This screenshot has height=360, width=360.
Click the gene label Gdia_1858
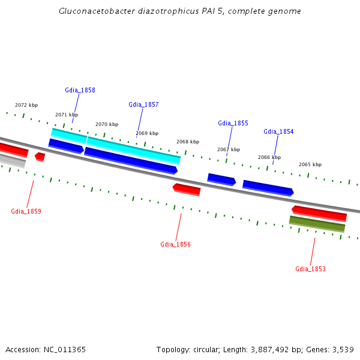(80, 90)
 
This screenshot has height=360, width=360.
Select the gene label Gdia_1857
(143, 104)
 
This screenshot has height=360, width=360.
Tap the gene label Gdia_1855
(233, 123)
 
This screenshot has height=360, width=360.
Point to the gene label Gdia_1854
(278, 131)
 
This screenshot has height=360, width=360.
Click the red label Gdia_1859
(26, 211)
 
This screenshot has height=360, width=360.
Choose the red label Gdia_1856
(175, 244)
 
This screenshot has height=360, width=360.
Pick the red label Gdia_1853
(310, 269)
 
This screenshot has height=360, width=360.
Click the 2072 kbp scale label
(26, 105)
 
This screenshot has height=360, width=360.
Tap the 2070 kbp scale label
(107, 124)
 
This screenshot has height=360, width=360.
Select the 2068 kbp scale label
(188, 142)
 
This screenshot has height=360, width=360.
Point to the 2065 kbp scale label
(310, 164)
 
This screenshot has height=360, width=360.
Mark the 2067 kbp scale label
(229, 149)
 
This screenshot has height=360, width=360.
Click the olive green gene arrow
(317, 224)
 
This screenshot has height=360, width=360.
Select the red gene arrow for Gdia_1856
(187, 190)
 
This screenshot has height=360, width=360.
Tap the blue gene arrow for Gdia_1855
(221, 179)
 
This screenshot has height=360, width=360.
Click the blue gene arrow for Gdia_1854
(268, 188)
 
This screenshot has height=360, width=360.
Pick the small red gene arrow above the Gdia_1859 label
(40, 157)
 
